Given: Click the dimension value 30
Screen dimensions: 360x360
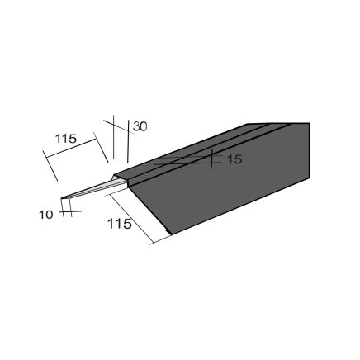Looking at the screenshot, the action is tap(140, 126).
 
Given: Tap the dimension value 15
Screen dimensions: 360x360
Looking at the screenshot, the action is tap(234, 159).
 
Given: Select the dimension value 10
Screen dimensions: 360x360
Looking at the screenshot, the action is tap(46, 215).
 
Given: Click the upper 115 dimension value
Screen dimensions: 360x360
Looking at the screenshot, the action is tap(66, 139).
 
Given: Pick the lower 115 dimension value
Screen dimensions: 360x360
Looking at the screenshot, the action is tap(119, 224).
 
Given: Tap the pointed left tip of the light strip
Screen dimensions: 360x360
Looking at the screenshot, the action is tap(61, 198).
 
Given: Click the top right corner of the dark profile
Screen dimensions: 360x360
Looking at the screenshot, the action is tap(310, 123).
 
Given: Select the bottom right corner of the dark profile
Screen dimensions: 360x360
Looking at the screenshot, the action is tap(310, 178).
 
